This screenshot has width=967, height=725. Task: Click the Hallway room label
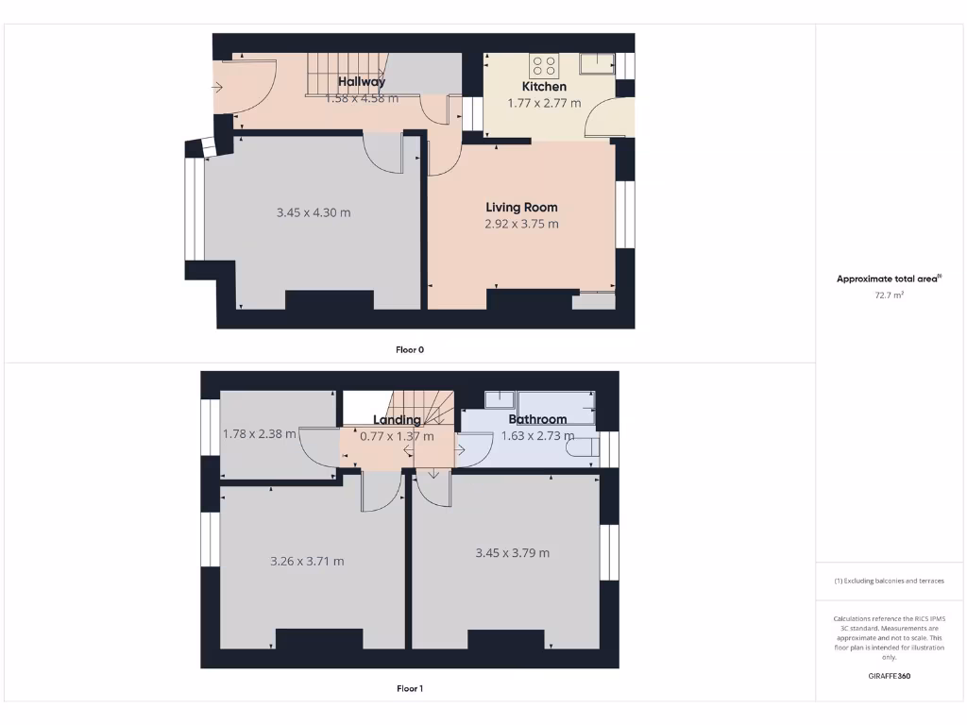[362, 82]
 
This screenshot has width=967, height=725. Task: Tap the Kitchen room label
[544, 87]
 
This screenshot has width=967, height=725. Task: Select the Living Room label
[521, 208]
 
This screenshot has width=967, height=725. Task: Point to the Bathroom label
[537, 420]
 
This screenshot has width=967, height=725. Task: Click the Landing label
[397, 420]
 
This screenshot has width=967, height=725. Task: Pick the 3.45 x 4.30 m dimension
[314, 212]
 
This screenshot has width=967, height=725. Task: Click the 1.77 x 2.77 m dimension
[544, 103]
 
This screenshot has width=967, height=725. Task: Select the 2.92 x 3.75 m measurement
[521, 224]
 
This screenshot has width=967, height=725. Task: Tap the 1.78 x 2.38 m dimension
[260, 434]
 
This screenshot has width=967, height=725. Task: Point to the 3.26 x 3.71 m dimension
[307, 561]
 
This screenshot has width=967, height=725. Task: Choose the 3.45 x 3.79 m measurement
[512, 552]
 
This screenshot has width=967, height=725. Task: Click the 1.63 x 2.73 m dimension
[537, 436]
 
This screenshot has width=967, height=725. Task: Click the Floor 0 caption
[410, 349]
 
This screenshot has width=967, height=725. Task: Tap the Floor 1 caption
[410, 688]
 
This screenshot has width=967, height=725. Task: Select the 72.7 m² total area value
[890, 295]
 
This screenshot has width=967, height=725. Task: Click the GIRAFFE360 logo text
[890, 676]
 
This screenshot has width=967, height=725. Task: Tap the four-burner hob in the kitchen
[544, 65]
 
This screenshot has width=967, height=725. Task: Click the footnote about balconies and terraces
[890, 581]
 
